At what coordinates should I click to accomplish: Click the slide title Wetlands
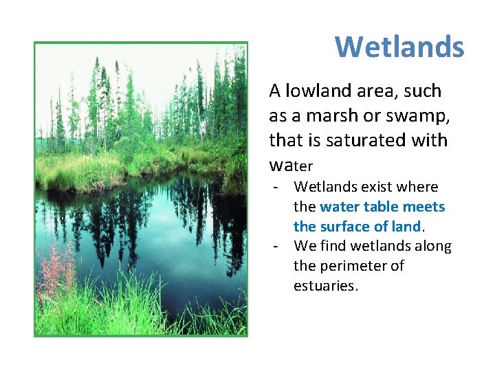399,47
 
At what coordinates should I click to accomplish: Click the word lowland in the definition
313,91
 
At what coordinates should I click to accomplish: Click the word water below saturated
291,166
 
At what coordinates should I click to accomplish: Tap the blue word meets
423,207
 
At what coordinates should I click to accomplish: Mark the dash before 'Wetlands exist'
275,187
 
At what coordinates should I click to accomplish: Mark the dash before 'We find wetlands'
275,246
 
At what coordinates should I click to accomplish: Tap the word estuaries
326,286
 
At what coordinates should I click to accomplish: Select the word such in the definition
426,91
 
